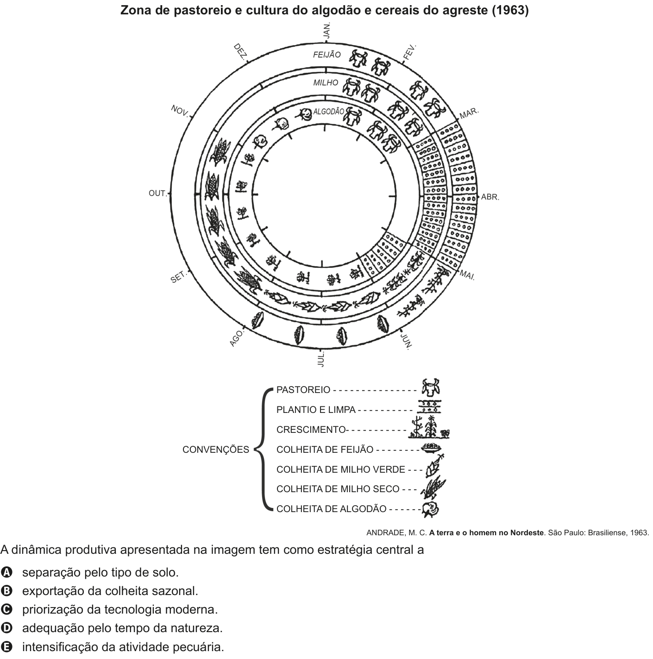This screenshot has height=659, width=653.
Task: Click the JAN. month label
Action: (327, 31)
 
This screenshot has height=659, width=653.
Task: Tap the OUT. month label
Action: (157, 193)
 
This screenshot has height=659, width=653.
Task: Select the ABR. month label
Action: (490, 197)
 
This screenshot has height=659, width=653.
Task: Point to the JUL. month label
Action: (320, 360)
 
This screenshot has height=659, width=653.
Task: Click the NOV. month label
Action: (180, 110)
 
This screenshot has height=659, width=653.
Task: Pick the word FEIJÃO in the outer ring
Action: (327, 55)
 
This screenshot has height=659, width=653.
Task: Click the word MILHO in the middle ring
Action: (326, 83)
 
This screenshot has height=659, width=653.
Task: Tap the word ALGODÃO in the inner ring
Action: (328, 112)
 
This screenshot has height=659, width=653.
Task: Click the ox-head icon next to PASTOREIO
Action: (430, 387)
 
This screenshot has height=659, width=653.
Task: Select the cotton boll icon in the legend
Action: (430, 510)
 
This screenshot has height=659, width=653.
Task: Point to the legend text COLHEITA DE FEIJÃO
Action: (325, 450)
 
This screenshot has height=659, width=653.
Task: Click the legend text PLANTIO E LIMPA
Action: (316, 410)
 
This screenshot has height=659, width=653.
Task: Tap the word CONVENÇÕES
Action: (216, 450)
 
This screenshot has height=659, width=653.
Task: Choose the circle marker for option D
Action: (6, 627)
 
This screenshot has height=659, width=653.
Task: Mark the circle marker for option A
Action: (6, 572)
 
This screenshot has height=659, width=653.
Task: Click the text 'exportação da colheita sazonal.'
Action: (110, 590)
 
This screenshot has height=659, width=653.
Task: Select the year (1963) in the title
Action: (510, 10)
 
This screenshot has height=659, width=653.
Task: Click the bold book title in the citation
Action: (486, 532)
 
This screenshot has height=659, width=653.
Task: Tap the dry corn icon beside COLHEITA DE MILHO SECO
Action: (433, 488)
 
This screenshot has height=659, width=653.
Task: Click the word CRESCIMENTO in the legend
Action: (311, 430)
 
